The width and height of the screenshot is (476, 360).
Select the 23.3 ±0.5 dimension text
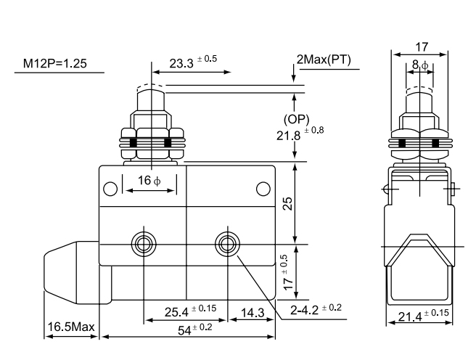pos(189,63)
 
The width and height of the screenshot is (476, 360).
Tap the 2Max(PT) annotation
pos(324,60)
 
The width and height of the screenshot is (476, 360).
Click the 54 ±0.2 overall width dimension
pos(192,329)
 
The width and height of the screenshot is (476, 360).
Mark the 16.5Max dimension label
pos(72,328)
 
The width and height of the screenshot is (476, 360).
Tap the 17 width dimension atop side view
pos(419,46)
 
